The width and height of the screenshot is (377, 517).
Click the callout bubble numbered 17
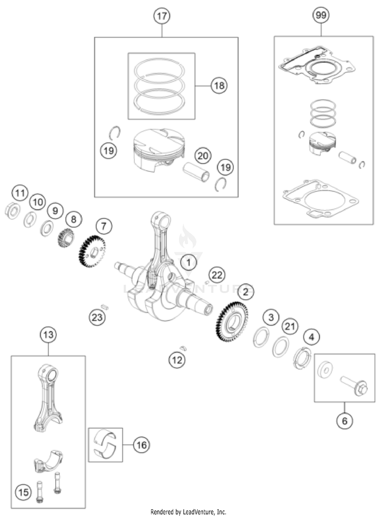pyautogui.click(x=162, y=16)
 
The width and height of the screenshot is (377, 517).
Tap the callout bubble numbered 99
pyautogui.click(x=321, y=15)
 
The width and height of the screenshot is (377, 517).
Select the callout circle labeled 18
pyautogui.click(x=219, y=86)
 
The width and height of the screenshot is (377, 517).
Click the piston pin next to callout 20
pyautogui.click(x=196, y=172)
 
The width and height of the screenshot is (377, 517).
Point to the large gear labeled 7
pyautogui.click(x=92, y=251)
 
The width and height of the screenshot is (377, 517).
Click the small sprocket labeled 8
pyautogui.click(x=66, y=237)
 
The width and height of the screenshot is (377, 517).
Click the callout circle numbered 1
pyautogui.click(x=189, y=263)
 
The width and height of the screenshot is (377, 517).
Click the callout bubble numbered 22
pyautogui.click(x=217, y=275)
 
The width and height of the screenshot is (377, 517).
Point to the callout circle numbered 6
pyautogui.click(x=344, y=421)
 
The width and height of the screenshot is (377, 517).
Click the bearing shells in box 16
pyautogui.click(x=105, y=445)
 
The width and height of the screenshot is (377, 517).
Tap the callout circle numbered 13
pyautogui.click(x=48, y=335)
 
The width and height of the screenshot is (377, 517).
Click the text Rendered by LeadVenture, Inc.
pyautogui.click(x=188, y=512)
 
